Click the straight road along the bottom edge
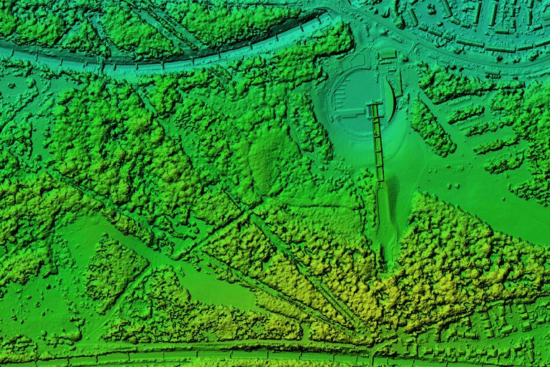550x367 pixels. coord(215,352)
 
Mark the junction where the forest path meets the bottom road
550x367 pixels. coord(372,349)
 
